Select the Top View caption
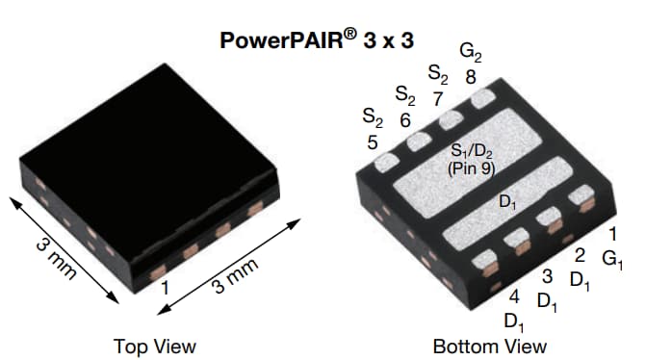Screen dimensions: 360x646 point(154,346)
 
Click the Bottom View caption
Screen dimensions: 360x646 point(490,346)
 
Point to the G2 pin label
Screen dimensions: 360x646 point(471,51)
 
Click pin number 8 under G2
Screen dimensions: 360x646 point(470,76)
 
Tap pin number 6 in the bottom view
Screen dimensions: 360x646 point(405,121)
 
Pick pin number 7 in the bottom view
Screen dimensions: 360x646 point(438,98)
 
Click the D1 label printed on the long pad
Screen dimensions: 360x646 point(507,202)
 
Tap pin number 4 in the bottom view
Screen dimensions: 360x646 point(513,296)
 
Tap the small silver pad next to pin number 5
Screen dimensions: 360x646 point(386,162)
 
